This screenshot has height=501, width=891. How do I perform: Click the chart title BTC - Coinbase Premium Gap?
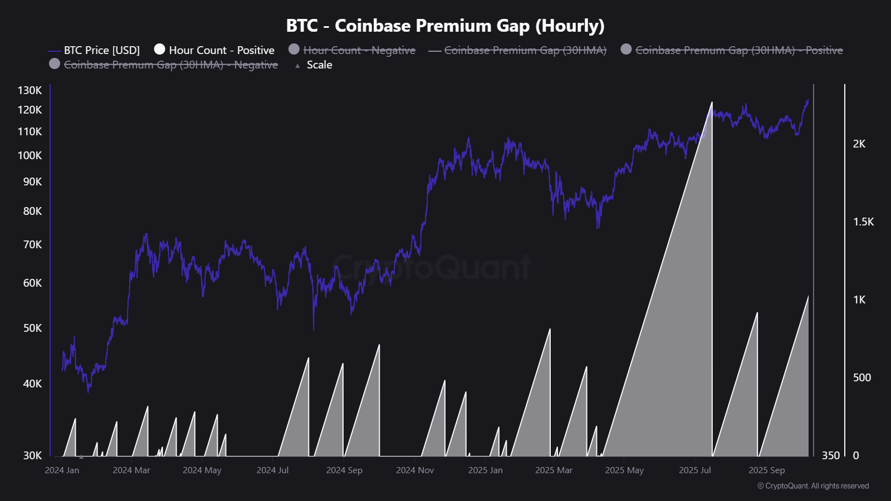tap(445, 26)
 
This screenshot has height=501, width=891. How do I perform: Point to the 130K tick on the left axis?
tap(30, 90)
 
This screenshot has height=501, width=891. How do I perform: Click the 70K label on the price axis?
tap(32, 244)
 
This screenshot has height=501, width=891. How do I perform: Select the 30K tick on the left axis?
tap(32, 455)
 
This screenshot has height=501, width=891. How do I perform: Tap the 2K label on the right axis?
tap(859, 144)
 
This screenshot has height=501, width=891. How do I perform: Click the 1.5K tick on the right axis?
tap(863, 222)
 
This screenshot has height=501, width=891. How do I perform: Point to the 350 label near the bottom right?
tap(830, 455)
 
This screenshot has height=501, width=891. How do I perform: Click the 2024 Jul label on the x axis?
tap(272, 470)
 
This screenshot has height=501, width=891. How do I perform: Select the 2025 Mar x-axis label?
tap(554, 470)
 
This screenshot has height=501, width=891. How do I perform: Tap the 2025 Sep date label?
tap(766, 470)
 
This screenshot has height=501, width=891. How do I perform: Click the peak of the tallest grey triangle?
tap(712, 103)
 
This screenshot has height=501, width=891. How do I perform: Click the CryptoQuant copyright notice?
tap(813, 486)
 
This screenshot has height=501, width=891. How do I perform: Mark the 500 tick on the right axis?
tap(861, 377)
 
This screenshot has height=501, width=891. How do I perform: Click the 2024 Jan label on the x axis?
tap(62, 470)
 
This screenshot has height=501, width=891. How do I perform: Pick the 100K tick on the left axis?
tap(30, 155)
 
